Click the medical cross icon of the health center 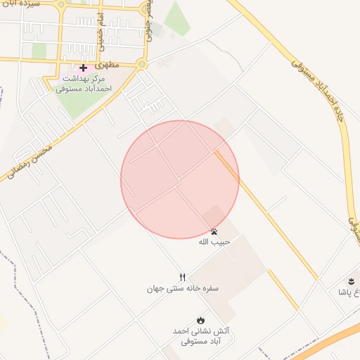(83, 67)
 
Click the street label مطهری (109, 64)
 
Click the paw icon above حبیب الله (214, 231)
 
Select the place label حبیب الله (214, 242)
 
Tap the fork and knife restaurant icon (183, 277)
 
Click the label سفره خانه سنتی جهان (183, 288)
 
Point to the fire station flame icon (201, 319)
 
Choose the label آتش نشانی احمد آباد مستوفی (201, 335)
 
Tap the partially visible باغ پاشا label (349, 292)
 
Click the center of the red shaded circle (180, 180)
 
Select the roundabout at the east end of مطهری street (143, 65)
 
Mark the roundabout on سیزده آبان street (62, 5)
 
